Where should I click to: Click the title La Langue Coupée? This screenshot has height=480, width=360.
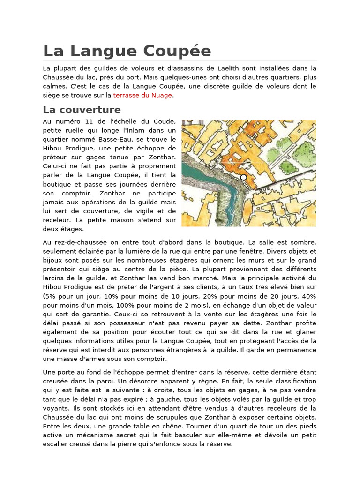(x=127, y=51)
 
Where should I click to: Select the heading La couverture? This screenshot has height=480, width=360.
(x=82, y=110)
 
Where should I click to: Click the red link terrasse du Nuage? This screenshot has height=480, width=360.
(x=142, y=95)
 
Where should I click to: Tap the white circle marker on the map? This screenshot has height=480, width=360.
(x=243, y=177)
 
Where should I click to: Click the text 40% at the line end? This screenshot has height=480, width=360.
(x=308, y=297)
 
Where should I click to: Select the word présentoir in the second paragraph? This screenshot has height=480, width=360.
(x=61, y=270)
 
